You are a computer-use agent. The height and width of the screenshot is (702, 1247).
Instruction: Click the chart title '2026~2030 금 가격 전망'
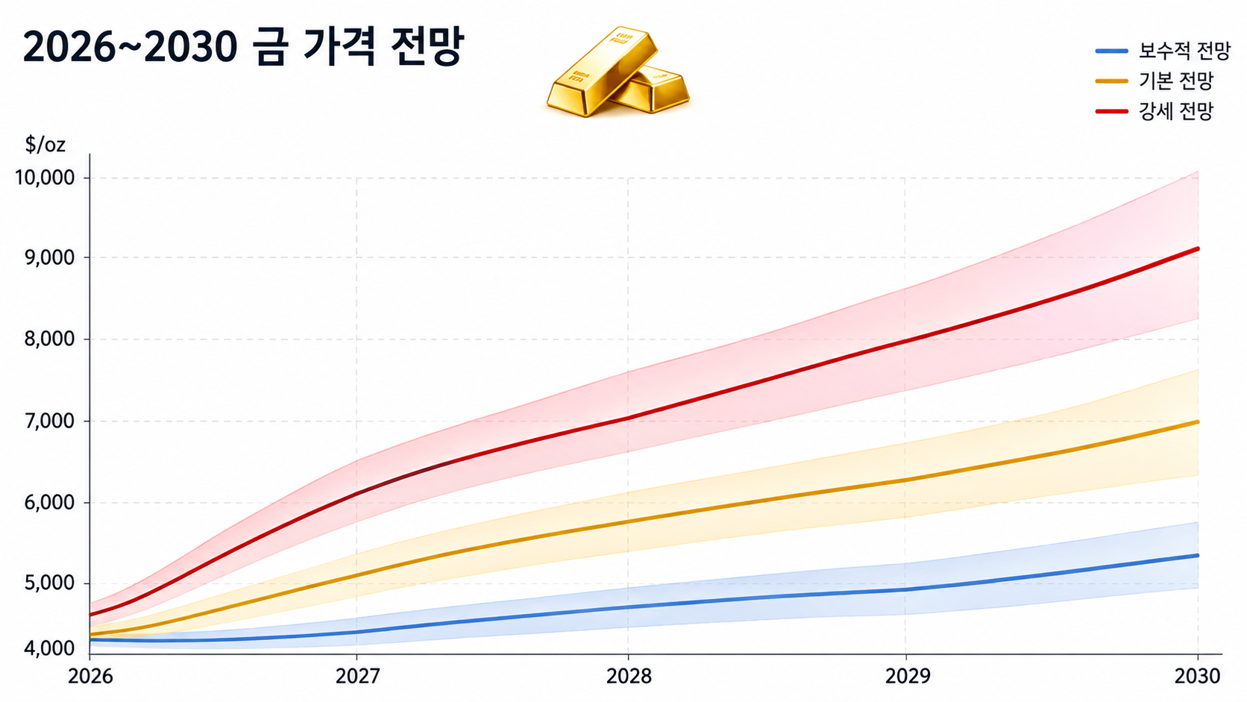[242, 48]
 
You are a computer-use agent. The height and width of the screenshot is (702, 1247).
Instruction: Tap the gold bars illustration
[618, 72]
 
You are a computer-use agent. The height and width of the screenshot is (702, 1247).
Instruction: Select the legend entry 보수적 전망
[1163, 51]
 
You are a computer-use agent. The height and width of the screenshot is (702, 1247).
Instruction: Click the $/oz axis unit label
[45, 145]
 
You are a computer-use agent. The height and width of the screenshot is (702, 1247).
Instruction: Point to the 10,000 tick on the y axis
[45, 178]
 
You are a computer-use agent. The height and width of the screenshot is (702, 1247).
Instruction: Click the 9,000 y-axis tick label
[49, 258]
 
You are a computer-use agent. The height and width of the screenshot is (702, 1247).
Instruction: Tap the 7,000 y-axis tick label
[49, 421]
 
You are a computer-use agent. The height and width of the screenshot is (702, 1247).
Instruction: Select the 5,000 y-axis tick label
[49, 583]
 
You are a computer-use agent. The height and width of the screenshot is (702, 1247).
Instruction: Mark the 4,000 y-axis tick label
[49, 648]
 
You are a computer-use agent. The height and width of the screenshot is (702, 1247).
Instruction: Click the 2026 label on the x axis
[90, 677]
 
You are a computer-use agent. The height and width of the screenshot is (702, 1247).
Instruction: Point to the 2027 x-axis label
[357, 677]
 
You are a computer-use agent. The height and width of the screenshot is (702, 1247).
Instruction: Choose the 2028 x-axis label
[629, 677]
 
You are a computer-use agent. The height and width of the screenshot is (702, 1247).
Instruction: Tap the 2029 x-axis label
[908, 677]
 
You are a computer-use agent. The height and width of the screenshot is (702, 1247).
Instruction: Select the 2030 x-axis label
[1197, 677]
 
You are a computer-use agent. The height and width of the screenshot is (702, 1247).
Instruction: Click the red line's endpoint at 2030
[1198, 248]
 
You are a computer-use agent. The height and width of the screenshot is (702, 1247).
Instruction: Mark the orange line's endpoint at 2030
[1198, 422]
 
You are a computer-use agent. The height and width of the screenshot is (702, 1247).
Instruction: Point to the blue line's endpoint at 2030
[1198, 556]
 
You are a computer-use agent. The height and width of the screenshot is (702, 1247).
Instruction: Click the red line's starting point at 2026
[90, 615]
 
